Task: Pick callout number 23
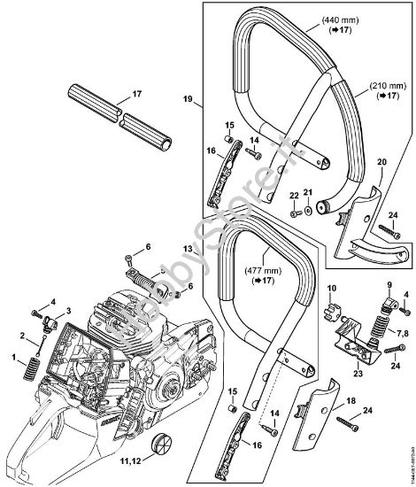pos(358,375)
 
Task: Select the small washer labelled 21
pos(308,211)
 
